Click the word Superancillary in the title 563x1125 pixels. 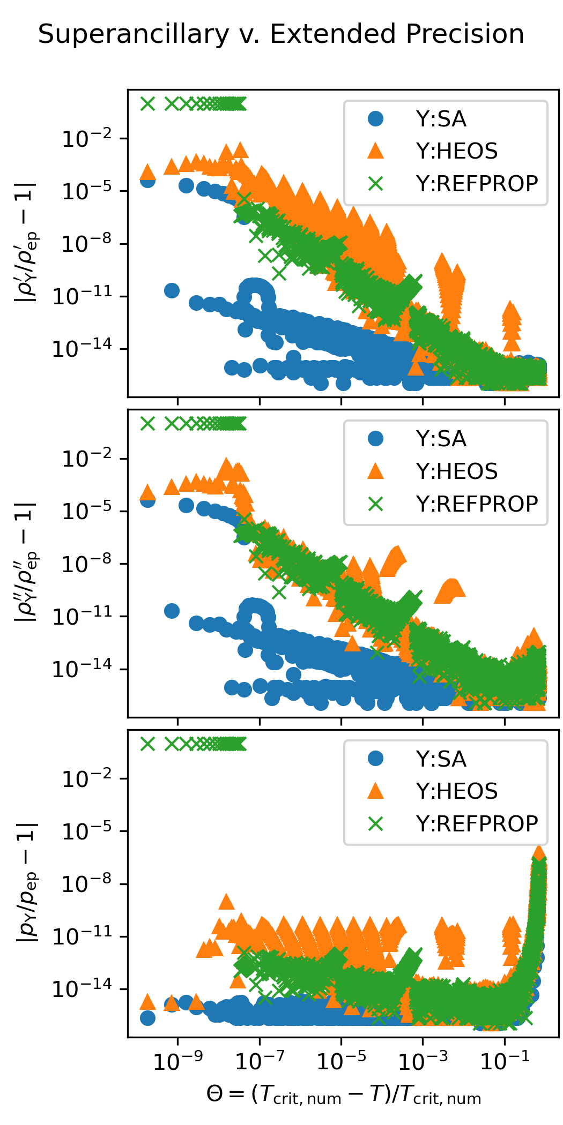click(x=134, y=35)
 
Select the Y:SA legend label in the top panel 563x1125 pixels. click(x=441, y=119)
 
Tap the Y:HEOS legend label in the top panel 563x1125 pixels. click(x=456, y=152)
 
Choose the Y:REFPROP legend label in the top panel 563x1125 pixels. click(x=477, y=184)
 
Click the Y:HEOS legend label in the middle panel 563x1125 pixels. click(x=456, y=471)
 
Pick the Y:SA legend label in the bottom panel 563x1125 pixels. click(x=441, y=759)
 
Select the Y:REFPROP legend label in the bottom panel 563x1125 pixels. click(x=477, y=823)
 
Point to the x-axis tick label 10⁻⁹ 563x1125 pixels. click(x=177, y=1060)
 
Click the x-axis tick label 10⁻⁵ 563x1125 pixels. click(x=341, y=1060)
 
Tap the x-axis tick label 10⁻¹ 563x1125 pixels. click(x=505, y=1060)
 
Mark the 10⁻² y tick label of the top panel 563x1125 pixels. click(x=87, y=139)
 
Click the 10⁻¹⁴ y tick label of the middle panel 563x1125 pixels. click(x=82, y=669)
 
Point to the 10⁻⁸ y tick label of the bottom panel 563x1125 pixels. click(x=87, y=884)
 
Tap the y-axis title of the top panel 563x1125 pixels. click(x=27, y=243)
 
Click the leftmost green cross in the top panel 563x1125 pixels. click(x=147, y=103)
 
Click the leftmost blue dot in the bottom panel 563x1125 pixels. click(x=147, y=1018)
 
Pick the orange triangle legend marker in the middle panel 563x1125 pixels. click(x=376, y=471)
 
